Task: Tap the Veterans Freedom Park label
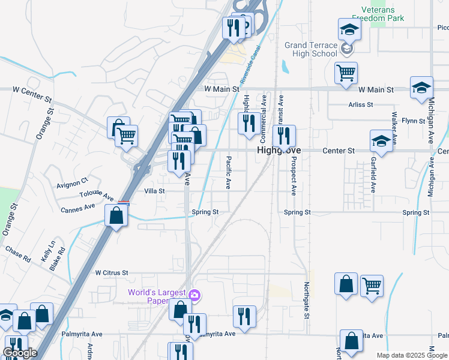[383, 14]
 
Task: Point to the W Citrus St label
[112, 272]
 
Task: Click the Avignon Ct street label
[73, 179]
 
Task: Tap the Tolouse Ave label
[96, 196]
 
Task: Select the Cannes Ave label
[78, 209]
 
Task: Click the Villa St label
[154, 190]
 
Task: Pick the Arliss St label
[361, 104]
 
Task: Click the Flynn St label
[413, 121]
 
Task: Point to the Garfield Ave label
[373, 174]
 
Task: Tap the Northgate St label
[306, 299]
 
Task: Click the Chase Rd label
[17, 254]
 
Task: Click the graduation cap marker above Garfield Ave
[381, 141]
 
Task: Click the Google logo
[20, 353]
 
